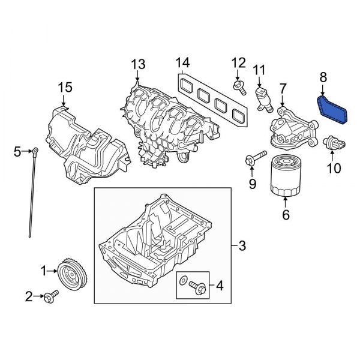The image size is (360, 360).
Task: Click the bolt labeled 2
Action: [x=51, y=295]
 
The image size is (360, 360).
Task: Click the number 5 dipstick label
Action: [x=17, y=151]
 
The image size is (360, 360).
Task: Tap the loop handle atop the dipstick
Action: [x=37, y=149]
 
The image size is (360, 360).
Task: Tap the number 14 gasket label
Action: [x=182, y=63]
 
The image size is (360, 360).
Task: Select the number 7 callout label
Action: [x=283, y=89]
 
